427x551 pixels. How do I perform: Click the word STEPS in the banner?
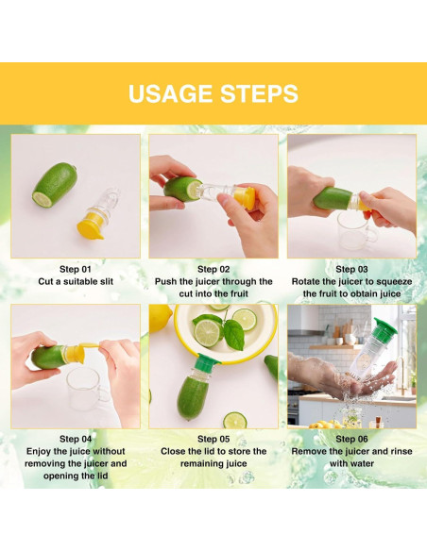[259, 93]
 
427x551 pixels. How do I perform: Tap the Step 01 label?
[76, 269]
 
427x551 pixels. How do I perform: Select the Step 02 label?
[213, 269]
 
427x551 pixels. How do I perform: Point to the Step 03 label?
[351, 269]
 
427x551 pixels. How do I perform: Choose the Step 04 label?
[76, 439]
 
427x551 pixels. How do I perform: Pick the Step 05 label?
[213, 439]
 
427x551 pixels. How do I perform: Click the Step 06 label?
[351, 439]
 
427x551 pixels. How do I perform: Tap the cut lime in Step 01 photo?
[55, 184]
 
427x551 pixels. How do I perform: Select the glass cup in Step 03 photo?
[355, 228]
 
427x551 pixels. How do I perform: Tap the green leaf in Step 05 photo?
[233, 334]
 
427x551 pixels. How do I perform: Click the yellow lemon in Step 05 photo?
[160, 317]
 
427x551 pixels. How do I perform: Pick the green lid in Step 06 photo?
[385, 326]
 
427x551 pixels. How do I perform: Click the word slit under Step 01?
[105, 281]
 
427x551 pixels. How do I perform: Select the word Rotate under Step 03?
[306, 281]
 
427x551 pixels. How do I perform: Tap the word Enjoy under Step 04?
[38, 452]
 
